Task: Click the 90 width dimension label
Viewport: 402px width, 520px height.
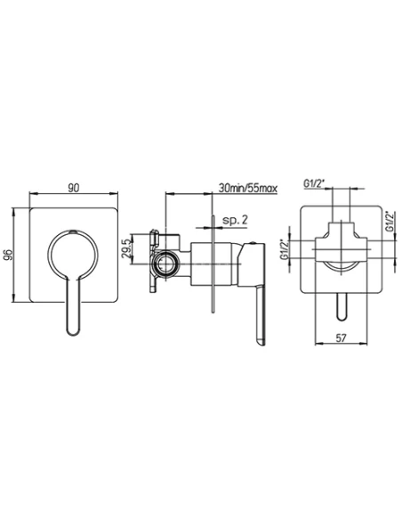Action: pyautogui.click(x=74, y=188)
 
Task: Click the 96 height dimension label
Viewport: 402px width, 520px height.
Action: pyautogui.click(x=9, y=255)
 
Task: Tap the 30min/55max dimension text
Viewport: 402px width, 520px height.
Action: pyautogui.click(x=247, y=189)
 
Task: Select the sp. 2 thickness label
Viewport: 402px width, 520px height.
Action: pyautogui.click(x=235, y=220)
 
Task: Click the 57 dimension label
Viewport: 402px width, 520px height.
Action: pyautogui.click(x=341, y=338)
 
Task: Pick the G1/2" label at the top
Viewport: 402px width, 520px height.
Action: pyautogui.click(x=314, y=183)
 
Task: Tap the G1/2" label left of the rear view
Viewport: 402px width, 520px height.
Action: pyautogui.click(x=284, y=249)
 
